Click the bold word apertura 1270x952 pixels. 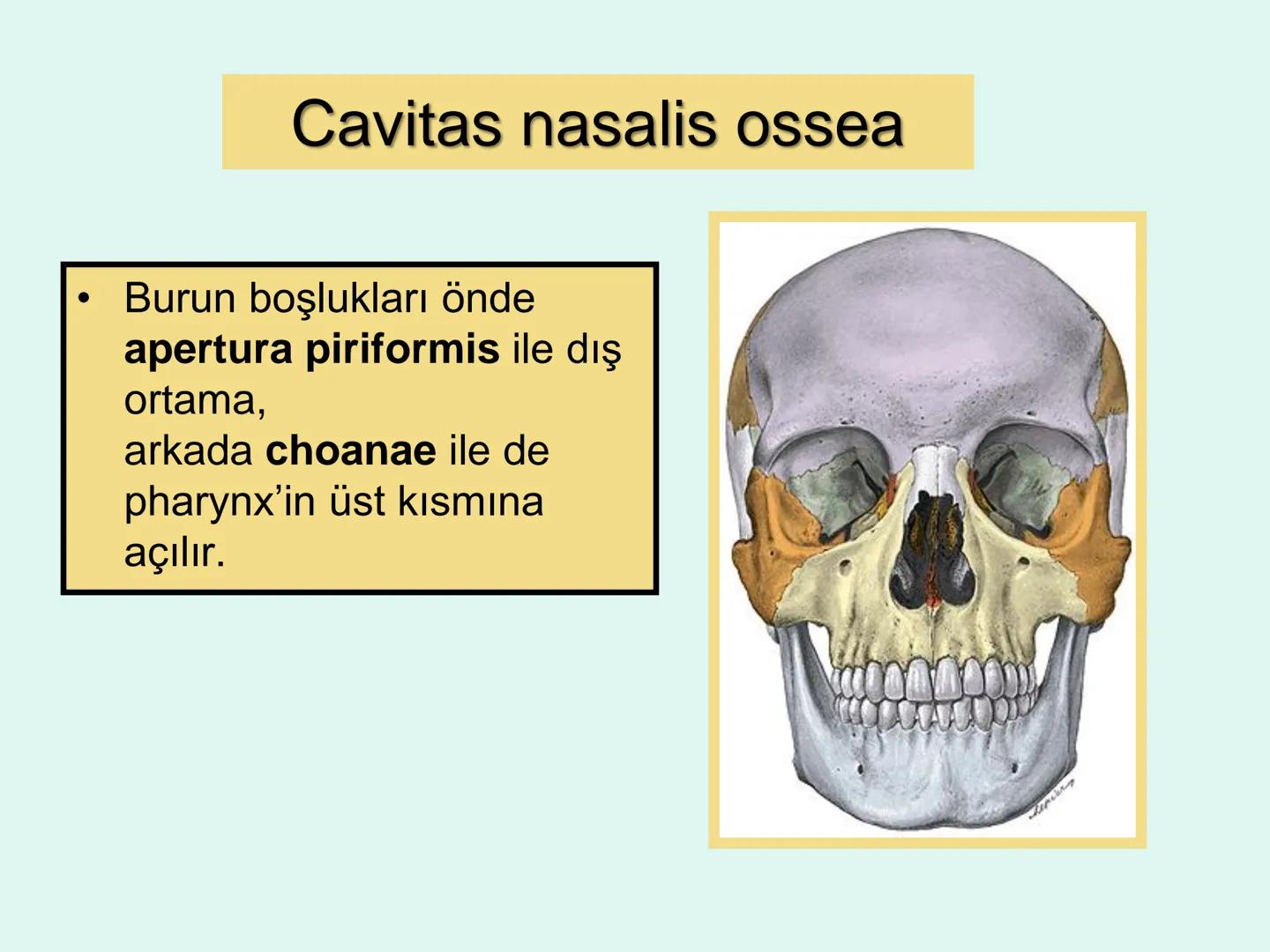point(208,350)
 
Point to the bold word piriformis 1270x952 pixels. point(402,350)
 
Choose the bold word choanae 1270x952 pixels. point(351,451)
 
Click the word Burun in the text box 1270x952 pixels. point(180,299)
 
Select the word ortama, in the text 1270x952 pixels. point(195,401)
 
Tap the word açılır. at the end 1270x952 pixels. point(175,553)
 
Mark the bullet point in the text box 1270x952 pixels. point(84,299)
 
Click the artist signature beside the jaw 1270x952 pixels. point(1051,798)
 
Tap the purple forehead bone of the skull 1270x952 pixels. point(926,335)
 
